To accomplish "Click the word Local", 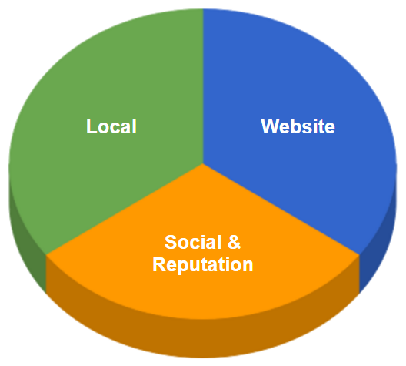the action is click(111, 126).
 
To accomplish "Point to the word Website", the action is click(298, 126).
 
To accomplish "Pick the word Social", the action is click(193, 242).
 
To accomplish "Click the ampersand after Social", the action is click(234, 242).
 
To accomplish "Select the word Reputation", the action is click(203, 264).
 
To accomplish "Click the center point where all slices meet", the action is click(203, 164).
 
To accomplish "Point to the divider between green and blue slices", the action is click(203, 86).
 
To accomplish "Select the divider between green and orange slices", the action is click(125, 209).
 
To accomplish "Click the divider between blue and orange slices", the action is click(281, 209).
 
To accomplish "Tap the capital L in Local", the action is click(92, 126).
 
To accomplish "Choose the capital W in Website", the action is click(271, 126).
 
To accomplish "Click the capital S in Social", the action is click(171, 242).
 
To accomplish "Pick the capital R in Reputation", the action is click(158, 264).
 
